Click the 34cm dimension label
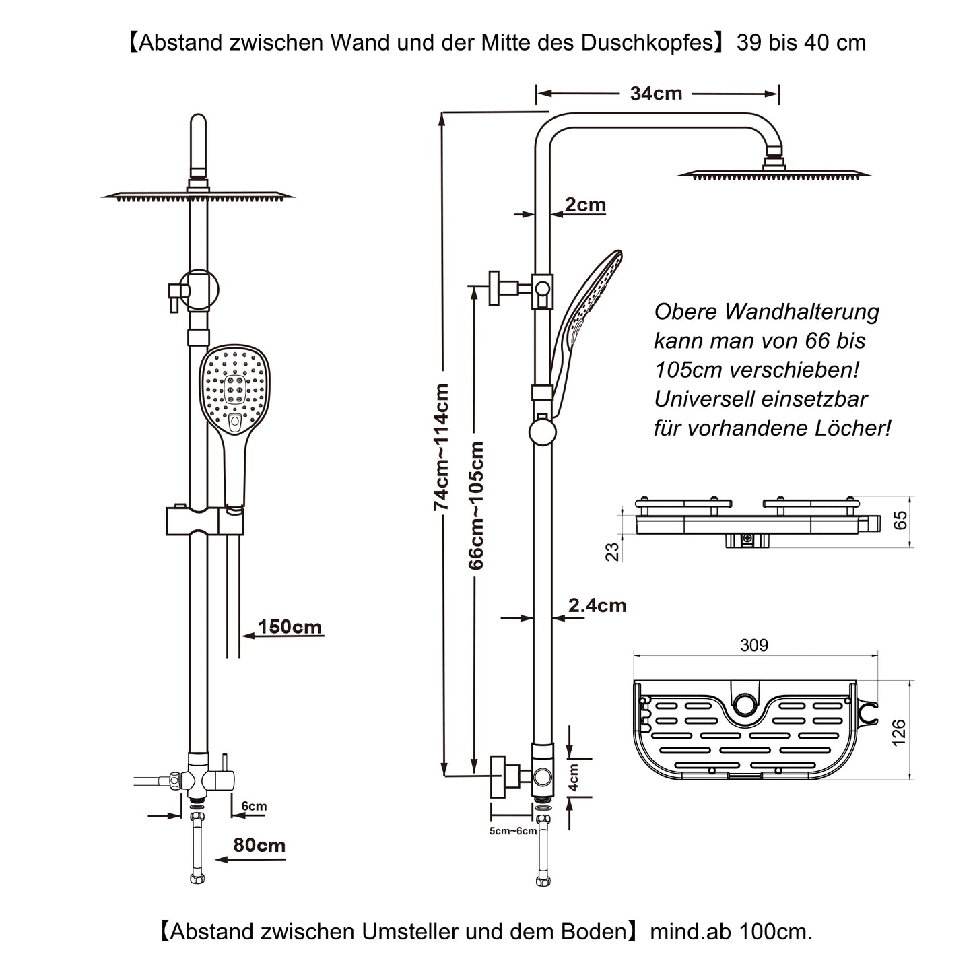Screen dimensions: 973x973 pyautogui.click(x=656, y=94)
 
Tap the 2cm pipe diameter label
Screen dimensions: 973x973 pyautogui.click(x=585, y=204)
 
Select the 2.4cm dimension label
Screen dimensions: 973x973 pyautogui.click(x=597, y=605)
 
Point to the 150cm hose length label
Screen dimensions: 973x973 pyautogui.click(x=290, y=627)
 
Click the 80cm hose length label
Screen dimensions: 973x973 pyautogui.click(x=259, y=845)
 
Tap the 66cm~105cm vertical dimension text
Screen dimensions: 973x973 pyautogui.click(x=476, y=505)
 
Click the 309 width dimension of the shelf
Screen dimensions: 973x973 pyautogui.click(x=753, y=645)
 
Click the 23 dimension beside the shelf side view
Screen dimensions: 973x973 pyautogui.click(x=612, y=552)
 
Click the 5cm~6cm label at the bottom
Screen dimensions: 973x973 pyautogui.click(x=513, y=831)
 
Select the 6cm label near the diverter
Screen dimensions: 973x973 pyautogui.click(x=254, y=806)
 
